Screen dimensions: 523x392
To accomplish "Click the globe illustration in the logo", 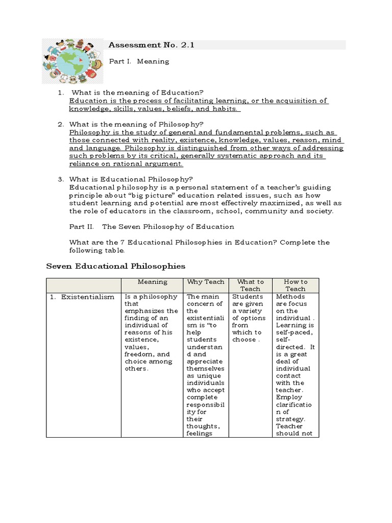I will click(x=71, y=60).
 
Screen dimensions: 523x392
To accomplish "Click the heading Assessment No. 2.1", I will click(x=152, y=45).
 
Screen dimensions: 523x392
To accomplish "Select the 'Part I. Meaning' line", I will click(x=139, y=61).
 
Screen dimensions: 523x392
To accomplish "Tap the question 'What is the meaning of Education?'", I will click(x=137, y=92).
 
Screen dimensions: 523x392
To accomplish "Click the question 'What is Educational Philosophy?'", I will click(x=131, y=179).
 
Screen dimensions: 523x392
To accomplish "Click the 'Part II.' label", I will click(x=81, y=226).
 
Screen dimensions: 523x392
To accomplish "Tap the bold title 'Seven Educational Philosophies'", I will click(x=116, y=266).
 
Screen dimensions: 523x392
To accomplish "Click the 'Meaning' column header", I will click(x=152, y=282).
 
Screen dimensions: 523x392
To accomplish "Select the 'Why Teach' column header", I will click(x=206, y=282).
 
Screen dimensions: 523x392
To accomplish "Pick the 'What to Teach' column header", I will click(x=250, y=285).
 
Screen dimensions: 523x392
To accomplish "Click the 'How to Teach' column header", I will click(x=296, y=285).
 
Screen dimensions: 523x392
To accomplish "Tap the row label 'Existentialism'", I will click(x=88, y=297).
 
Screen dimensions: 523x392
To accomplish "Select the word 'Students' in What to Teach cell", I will click(x=248, y=296).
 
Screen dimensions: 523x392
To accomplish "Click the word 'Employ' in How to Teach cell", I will click(x=289, y=397).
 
